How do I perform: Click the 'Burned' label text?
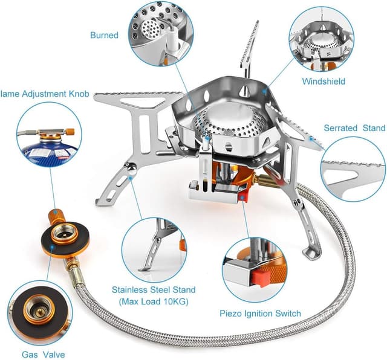(x=104, y=35)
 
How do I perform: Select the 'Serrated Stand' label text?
(x=354, y=128)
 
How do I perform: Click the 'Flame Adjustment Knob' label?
(x=45, y=94)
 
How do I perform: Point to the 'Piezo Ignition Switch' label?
(x=259, y=313)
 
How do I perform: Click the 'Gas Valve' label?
(x=43, y=355)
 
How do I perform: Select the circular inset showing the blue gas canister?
(x=48, y=136)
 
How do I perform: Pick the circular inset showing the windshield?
(x=321, y=37)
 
